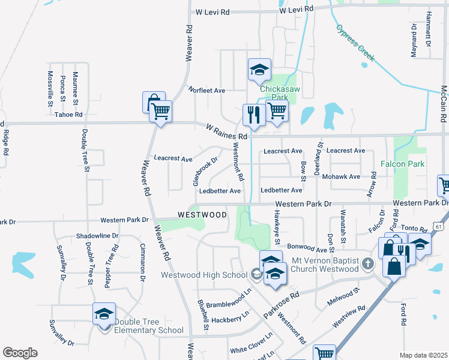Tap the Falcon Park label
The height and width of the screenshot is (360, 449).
click(403, 164)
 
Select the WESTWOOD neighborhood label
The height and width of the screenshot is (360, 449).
click(202, 215)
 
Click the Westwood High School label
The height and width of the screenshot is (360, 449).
click(204, 275)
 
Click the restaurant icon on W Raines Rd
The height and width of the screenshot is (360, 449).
click(254, 113)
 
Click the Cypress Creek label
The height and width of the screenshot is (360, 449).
click(355, 43)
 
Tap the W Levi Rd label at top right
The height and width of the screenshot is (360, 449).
click(297, 9)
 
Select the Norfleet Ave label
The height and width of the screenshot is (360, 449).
click(206, 90)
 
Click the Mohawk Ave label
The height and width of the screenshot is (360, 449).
click(341, 177)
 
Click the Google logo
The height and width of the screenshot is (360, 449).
click(20, 353)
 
